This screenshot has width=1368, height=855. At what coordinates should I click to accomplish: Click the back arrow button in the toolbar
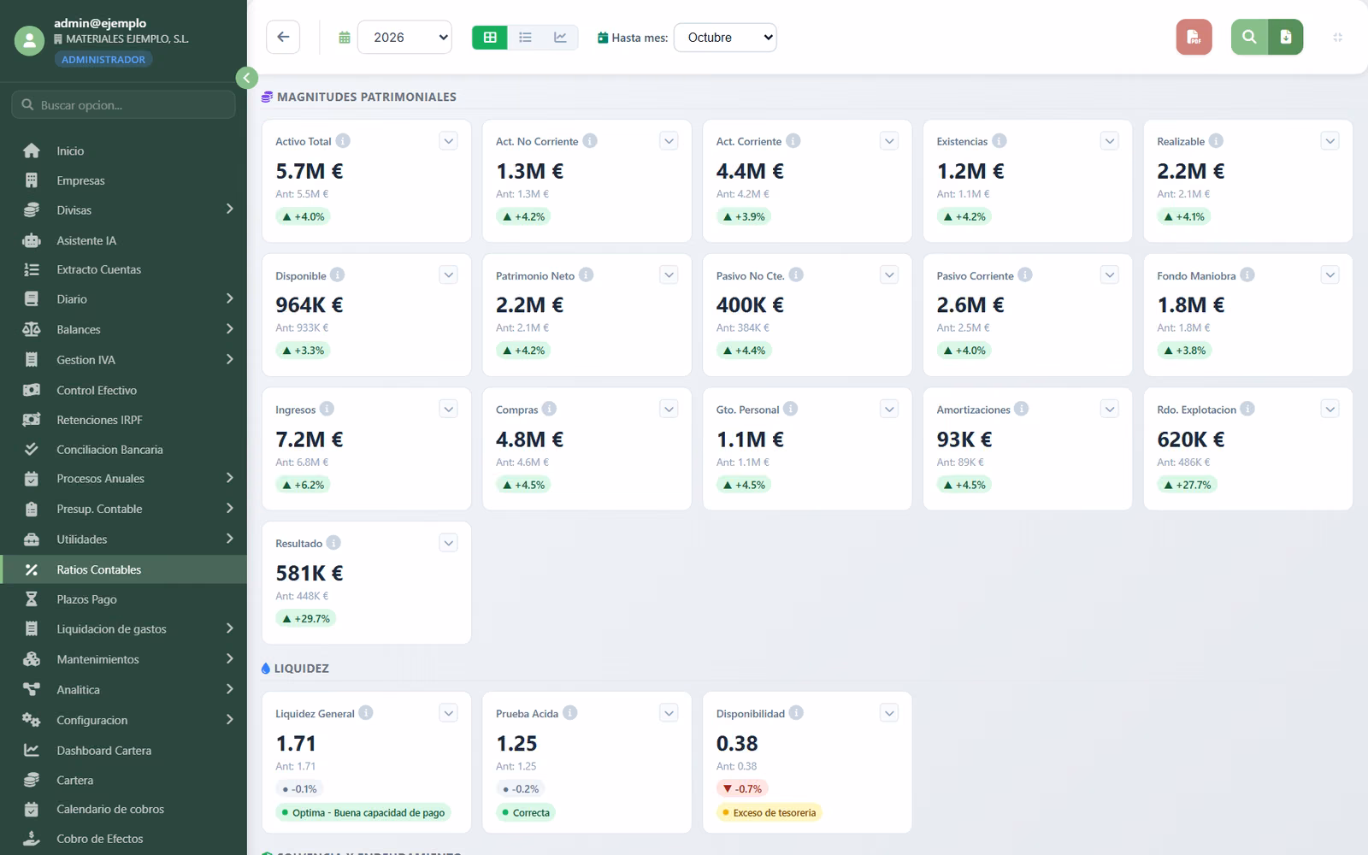coord(283,37)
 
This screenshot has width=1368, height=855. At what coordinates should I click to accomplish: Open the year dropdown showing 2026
coord(405,38)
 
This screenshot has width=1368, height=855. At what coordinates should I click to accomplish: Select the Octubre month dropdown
coord(725,38)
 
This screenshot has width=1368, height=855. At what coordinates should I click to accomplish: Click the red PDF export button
coord(1194,37)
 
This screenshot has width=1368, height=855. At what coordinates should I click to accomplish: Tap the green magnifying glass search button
coord(1249,37)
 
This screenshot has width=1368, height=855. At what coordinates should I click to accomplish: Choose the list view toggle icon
coord(525,38)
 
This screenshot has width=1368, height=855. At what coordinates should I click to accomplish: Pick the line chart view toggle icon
coord(560,38)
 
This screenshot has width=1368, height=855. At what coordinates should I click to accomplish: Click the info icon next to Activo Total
coord(343,141)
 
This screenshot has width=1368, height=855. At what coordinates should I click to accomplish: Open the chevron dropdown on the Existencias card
coord(1110,141)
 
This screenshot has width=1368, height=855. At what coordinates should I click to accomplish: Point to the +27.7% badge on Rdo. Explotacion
coord(1187,485)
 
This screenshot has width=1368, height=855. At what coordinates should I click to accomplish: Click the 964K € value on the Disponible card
coord(309,304)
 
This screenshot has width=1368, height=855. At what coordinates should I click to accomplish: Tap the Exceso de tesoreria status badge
coord(769,813)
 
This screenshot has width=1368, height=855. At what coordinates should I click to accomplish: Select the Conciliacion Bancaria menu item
coord(110,450)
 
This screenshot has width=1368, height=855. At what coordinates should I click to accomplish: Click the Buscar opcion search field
coord(123,105)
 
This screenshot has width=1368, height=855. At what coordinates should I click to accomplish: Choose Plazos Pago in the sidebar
coord(86,599)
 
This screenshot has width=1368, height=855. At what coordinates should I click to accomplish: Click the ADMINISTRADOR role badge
coord(103,59)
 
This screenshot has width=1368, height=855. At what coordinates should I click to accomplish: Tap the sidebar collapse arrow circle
coord(247,78)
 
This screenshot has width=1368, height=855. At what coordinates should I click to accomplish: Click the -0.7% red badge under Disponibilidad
coord(742,789)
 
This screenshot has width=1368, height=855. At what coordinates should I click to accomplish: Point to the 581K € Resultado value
coord(309,573)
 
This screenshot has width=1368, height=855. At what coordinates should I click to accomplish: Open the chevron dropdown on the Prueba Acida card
coord(669,713)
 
